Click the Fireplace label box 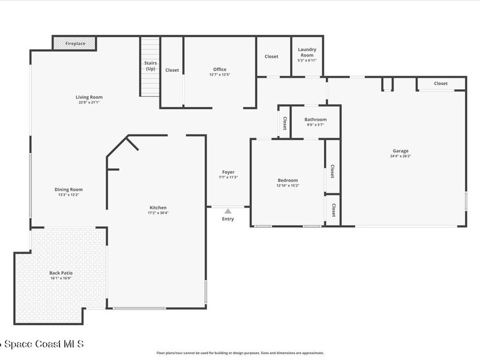click(75, 44)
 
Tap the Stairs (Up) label click(150, 66)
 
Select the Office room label click(219, 69)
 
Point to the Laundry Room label click(307, 52)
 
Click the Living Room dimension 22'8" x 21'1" click(89, 102)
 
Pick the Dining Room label click(68, 189)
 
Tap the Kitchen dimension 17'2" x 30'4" click(158, 213)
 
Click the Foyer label click(228, 172)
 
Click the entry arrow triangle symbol click(228, 211)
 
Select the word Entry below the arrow click(228, 219)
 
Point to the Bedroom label click(287, 180)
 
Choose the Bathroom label click(315, 120)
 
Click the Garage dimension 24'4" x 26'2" click(400, 156)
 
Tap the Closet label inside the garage click(441, 83)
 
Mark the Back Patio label click(61, 273)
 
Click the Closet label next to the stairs click(172, 70)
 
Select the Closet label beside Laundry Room click(271, 56)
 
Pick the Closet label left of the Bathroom click(285, 123)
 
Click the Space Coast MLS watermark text click(42, 344)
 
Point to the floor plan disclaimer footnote click(240, 353)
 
